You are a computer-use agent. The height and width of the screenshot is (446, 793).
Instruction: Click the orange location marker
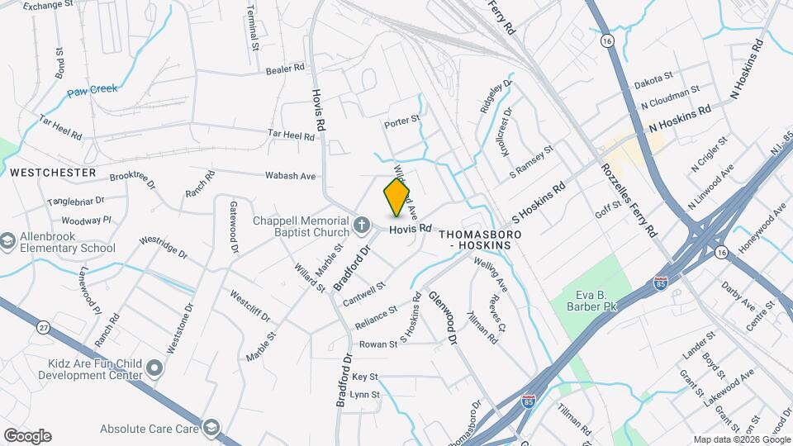396,197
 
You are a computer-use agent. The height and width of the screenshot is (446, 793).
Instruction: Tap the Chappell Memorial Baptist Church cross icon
361,225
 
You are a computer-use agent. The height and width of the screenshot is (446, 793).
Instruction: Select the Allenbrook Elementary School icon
8,240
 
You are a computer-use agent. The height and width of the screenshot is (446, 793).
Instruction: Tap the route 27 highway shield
43,327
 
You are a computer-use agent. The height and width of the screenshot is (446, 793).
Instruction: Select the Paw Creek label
93,88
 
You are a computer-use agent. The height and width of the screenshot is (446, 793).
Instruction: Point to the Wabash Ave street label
291,176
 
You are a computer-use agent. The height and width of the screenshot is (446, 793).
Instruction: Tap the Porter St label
402,122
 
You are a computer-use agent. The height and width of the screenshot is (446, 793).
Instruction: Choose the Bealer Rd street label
286,70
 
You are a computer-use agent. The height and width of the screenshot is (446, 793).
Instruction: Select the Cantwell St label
364,294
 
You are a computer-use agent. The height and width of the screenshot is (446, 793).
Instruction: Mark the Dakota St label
654,83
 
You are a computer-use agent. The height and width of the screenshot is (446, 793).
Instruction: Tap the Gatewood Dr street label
234,225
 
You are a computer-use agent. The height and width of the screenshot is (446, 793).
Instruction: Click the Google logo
27,435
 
